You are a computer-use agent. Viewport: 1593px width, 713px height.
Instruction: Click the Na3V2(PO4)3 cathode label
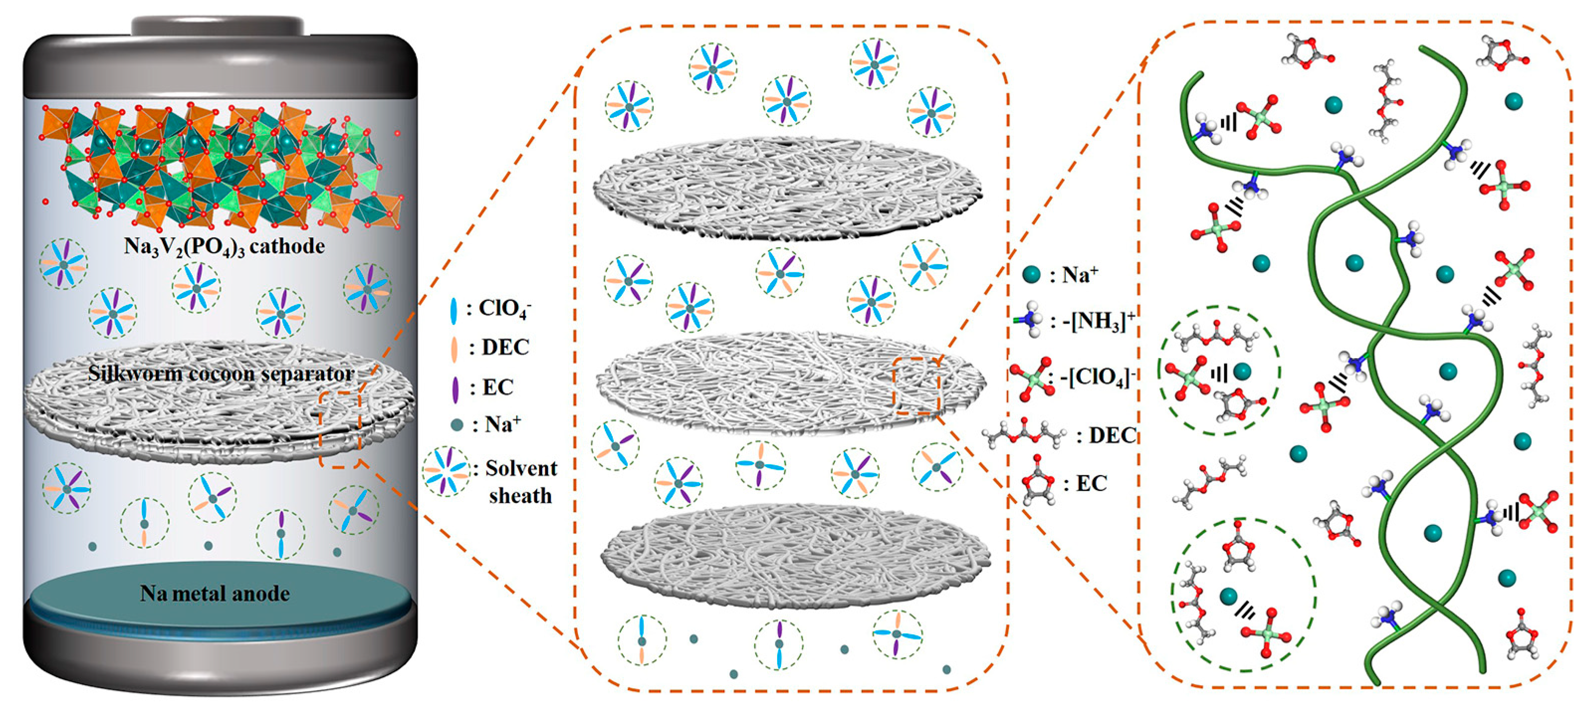(224, 246)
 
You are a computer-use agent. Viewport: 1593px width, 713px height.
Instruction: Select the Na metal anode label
(215, 594)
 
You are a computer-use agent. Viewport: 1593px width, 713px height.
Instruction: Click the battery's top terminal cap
(218, 26)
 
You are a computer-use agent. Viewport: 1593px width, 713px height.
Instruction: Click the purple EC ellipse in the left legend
(456, 388)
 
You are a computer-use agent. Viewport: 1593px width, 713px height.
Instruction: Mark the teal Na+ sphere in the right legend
(1031, 274)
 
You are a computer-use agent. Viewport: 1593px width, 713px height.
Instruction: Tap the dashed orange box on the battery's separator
(340, 429)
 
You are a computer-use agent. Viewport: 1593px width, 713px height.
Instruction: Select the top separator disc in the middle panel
(787, 189)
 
